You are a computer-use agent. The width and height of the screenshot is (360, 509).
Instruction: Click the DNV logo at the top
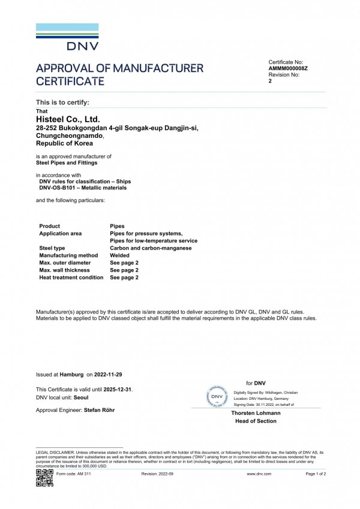click(67, 37)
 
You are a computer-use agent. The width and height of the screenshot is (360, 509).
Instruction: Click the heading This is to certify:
click(63, 103)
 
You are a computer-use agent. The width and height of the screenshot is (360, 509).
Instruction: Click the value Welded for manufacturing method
click(120, 255)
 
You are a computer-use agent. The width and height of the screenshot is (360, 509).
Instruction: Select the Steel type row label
click(52, 248)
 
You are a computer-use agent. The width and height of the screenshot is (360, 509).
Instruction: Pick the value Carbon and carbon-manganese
click(151, 248)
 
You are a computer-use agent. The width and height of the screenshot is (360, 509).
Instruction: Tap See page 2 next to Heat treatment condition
click(124, 278)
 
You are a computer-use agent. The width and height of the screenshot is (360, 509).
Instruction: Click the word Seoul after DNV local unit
click(82, 397)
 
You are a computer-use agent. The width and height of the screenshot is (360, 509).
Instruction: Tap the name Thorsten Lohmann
click(256, 413)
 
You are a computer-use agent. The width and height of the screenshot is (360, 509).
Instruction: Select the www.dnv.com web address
click(259, 474)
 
